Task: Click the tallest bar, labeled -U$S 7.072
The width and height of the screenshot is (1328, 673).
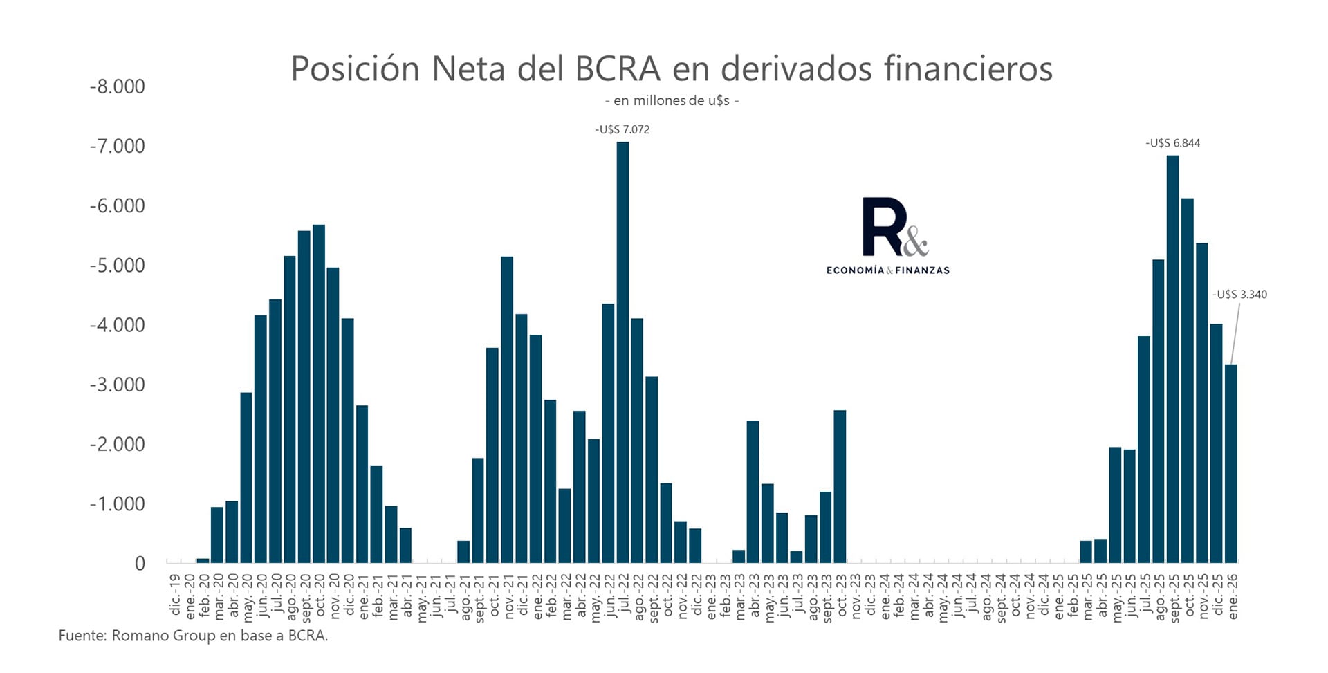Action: point(622,352)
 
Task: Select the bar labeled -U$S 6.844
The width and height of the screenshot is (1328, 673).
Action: point(1172,359)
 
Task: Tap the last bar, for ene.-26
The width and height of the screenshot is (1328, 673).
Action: point(1230,463)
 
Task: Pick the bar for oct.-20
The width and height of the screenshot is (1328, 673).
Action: point(319,394)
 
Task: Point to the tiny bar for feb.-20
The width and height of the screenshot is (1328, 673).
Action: point(203,560)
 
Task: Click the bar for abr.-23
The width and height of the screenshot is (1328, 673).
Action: point(753,491)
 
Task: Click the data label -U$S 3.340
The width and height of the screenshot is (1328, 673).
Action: point(1239,295)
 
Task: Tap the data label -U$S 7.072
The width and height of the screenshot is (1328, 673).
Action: point(622,130)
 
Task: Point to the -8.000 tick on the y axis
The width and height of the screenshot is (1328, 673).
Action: point(118,87)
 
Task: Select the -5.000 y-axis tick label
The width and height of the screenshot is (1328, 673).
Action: point(118,266)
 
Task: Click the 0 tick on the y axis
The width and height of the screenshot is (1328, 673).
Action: point(140,564)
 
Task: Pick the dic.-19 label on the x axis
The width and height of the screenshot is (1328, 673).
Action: point(175,594)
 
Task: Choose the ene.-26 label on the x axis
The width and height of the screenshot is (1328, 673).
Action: point(1232,596)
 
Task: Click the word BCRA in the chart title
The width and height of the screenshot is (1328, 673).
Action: point(617,68)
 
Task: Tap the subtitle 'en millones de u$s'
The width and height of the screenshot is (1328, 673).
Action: point(672,101)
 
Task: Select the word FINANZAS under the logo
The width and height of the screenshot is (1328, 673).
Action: point(922,270)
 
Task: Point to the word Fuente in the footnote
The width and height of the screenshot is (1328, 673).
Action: point(81,636)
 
